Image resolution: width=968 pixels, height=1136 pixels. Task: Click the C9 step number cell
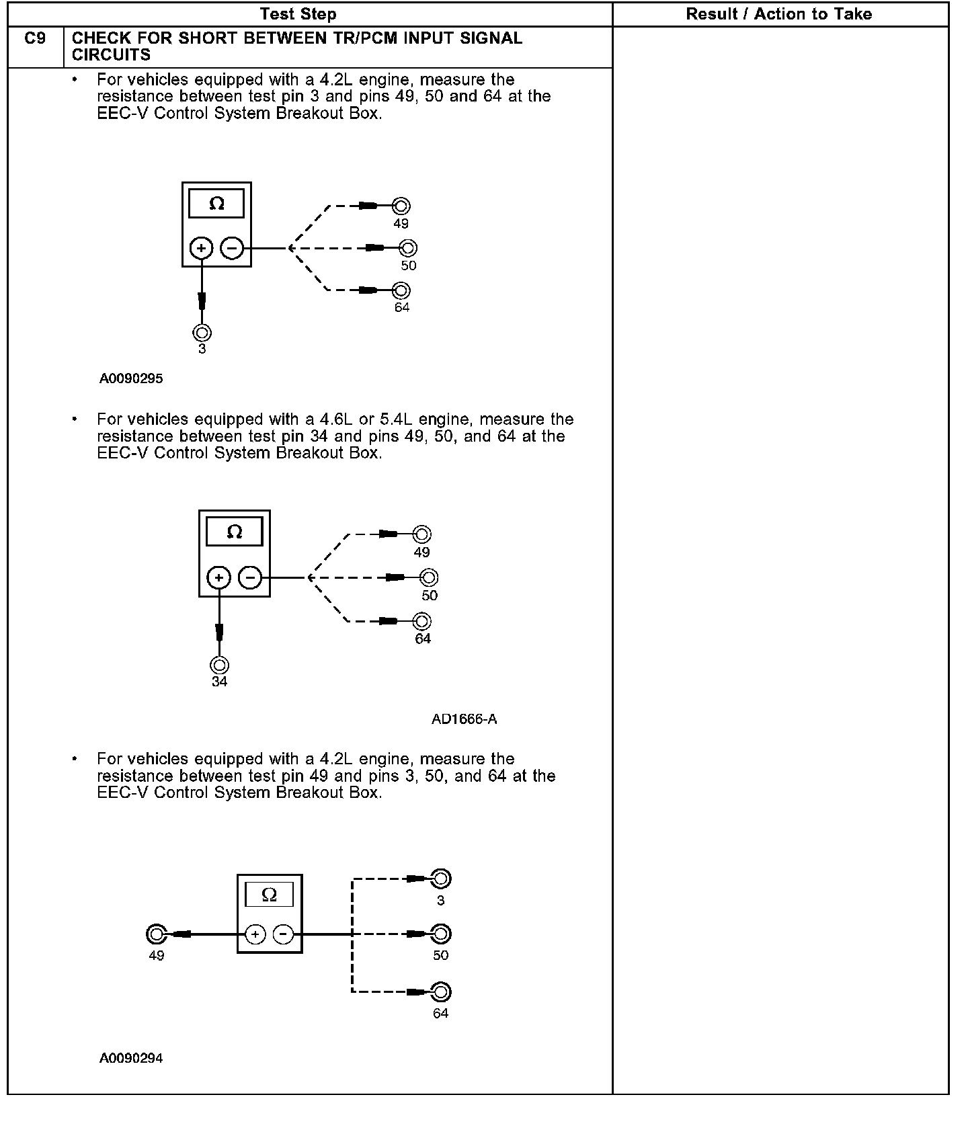(35, 39)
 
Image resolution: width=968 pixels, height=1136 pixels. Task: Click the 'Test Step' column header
(298, 14)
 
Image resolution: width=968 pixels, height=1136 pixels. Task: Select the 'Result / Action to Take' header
(778, 14)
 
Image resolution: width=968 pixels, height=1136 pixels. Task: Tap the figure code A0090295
(131, 378)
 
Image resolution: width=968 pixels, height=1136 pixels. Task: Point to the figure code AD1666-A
(464, 719)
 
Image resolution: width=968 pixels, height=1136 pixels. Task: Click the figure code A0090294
(131, 1058)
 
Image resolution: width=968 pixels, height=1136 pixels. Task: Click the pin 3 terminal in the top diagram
(202, 333)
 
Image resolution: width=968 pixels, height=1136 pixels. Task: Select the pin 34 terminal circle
(219, 665)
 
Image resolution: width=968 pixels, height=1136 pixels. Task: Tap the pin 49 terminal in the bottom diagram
(156, 934)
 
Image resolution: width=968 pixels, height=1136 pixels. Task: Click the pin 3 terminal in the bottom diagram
(441, 879)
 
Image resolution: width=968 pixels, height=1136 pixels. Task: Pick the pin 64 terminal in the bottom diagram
(441, 991)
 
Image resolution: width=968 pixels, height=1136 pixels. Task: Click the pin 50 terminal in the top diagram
(408, 248)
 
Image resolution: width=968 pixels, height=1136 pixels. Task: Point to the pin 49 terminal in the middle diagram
(421, 534)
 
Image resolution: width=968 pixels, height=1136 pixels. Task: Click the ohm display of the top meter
(216, 203)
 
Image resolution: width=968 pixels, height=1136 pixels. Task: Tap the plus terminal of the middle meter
(218, 577)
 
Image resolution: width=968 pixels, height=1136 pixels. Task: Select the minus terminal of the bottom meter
(284, 934)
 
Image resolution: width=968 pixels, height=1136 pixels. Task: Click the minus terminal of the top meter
(232, 248)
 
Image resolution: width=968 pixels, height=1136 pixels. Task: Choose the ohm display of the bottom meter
(269, 895)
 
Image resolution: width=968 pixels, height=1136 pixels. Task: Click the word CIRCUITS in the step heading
(111, 55)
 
